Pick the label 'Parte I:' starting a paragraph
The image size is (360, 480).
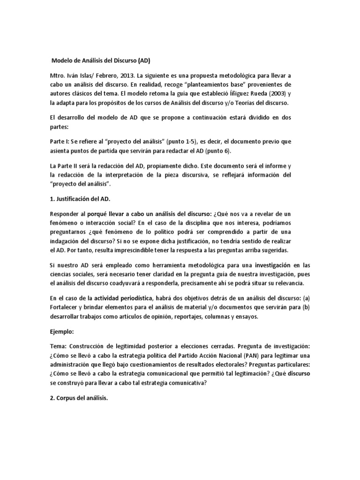click(60, 142)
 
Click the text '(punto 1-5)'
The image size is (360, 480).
click(171, 142)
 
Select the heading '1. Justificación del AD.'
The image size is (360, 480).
click(82, 198)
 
